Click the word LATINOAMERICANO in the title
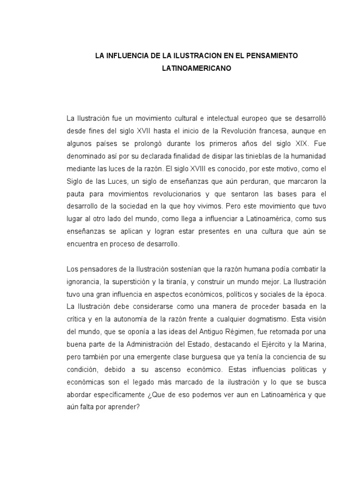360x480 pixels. pyautogui.click(x=196, y=68)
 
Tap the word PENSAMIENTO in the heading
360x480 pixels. pyautogui.click(x=270, y=56)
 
